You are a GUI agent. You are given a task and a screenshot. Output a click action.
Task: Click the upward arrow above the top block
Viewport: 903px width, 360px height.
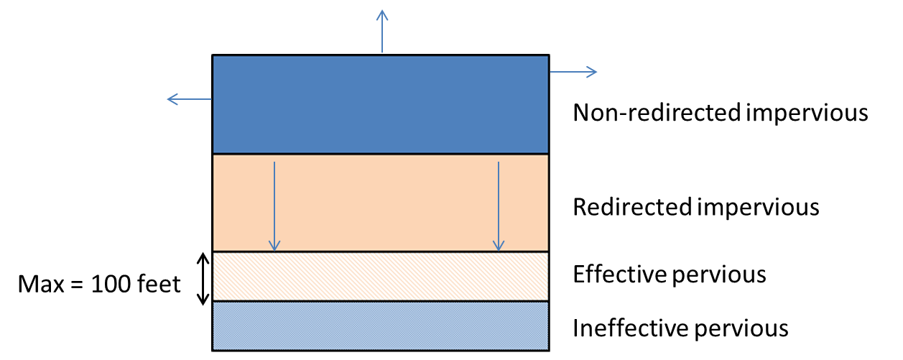click(382, 32)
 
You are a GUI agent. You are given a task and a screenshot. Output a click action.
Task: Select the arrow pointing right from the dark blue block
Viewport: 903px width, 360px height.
click(573, 72)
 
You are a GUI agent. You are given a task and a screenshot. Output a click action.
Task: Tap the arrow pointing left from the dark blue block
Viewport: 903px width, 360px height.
click(190, 99)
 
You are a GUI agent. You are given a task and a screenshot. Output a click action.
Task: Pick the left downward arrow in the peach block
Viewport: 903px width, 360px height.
click(274, 206)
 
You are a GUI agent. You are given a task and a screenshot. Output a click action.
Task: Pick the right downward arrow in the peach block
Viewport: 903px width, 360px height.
click(499, 206)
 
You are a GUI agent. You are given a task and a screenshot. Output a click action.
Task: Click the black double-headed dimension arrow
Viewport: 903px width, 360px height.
click(203, 279)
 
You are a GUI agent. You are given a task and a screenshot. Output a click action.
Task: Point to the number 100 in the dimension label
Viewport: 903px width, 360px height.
click(111, 284)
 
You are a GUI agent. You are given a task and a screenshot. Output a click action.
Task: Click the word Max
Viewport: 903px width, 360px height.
click(41, 284)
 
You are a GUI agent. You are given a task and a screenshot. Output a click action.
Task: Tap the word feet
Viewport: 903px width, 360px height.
click(159, 284)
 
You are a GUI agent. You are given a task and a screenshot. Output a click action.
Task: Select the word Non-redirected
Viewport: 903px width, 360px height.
click(657, 112)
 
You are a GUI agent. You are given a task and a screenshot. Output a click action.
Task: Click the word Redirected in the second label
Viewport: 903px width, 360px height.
click(632, 207)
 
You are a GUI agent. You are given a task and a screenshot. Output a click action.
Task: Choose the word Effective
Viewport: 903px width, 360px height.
click(621, 274)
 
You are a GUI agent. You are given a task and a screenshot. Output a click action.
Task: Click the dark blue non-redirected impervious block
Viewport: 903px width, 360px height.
click(381, 104)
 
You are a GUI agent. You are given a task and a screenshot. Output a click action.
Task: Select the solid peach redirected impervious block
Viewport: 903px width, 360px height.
click(381, 203)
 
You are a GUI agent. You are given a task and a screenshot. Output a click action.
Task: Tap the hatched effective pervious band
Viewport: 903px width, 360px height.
click(381, 277)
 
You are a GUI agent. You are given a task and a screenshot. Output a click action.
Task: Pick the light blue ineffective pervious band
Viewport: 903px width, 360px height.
click(381, 326)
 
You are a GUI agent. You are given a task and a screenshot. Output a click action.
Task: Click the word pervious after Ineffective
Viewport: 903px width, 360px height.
click(741, 329)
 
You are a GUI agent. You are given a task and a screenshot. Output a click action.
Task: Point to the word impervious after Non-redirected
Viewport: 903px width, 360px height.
click(807, 114)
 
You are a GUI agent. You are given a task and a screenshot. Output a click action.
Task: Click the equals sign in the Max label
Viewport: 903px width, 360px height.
click(77, 285)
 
